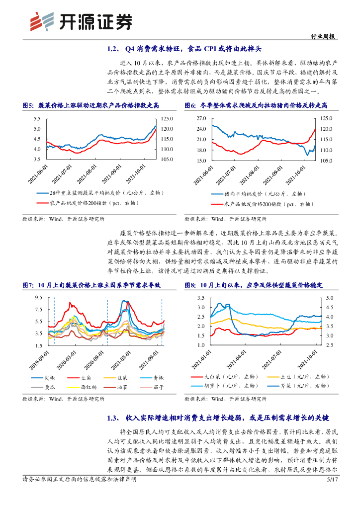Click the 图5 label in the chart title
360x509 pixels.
(x=28, y=106)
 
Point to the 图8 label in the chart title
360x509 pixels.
(x=190, y=285)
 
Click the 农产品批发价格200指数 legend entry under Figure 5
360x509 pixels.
(x=87, y=203)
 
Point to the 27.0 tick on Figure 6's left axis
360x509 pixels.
(x=201, y=118)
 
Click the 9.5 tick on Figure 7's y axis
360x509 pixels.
(x=38, y=297)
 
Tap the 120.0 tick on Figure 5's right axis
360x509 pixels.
(x=167, y=129)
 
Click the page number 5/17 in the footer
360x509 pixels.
(x=332, y=494)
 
